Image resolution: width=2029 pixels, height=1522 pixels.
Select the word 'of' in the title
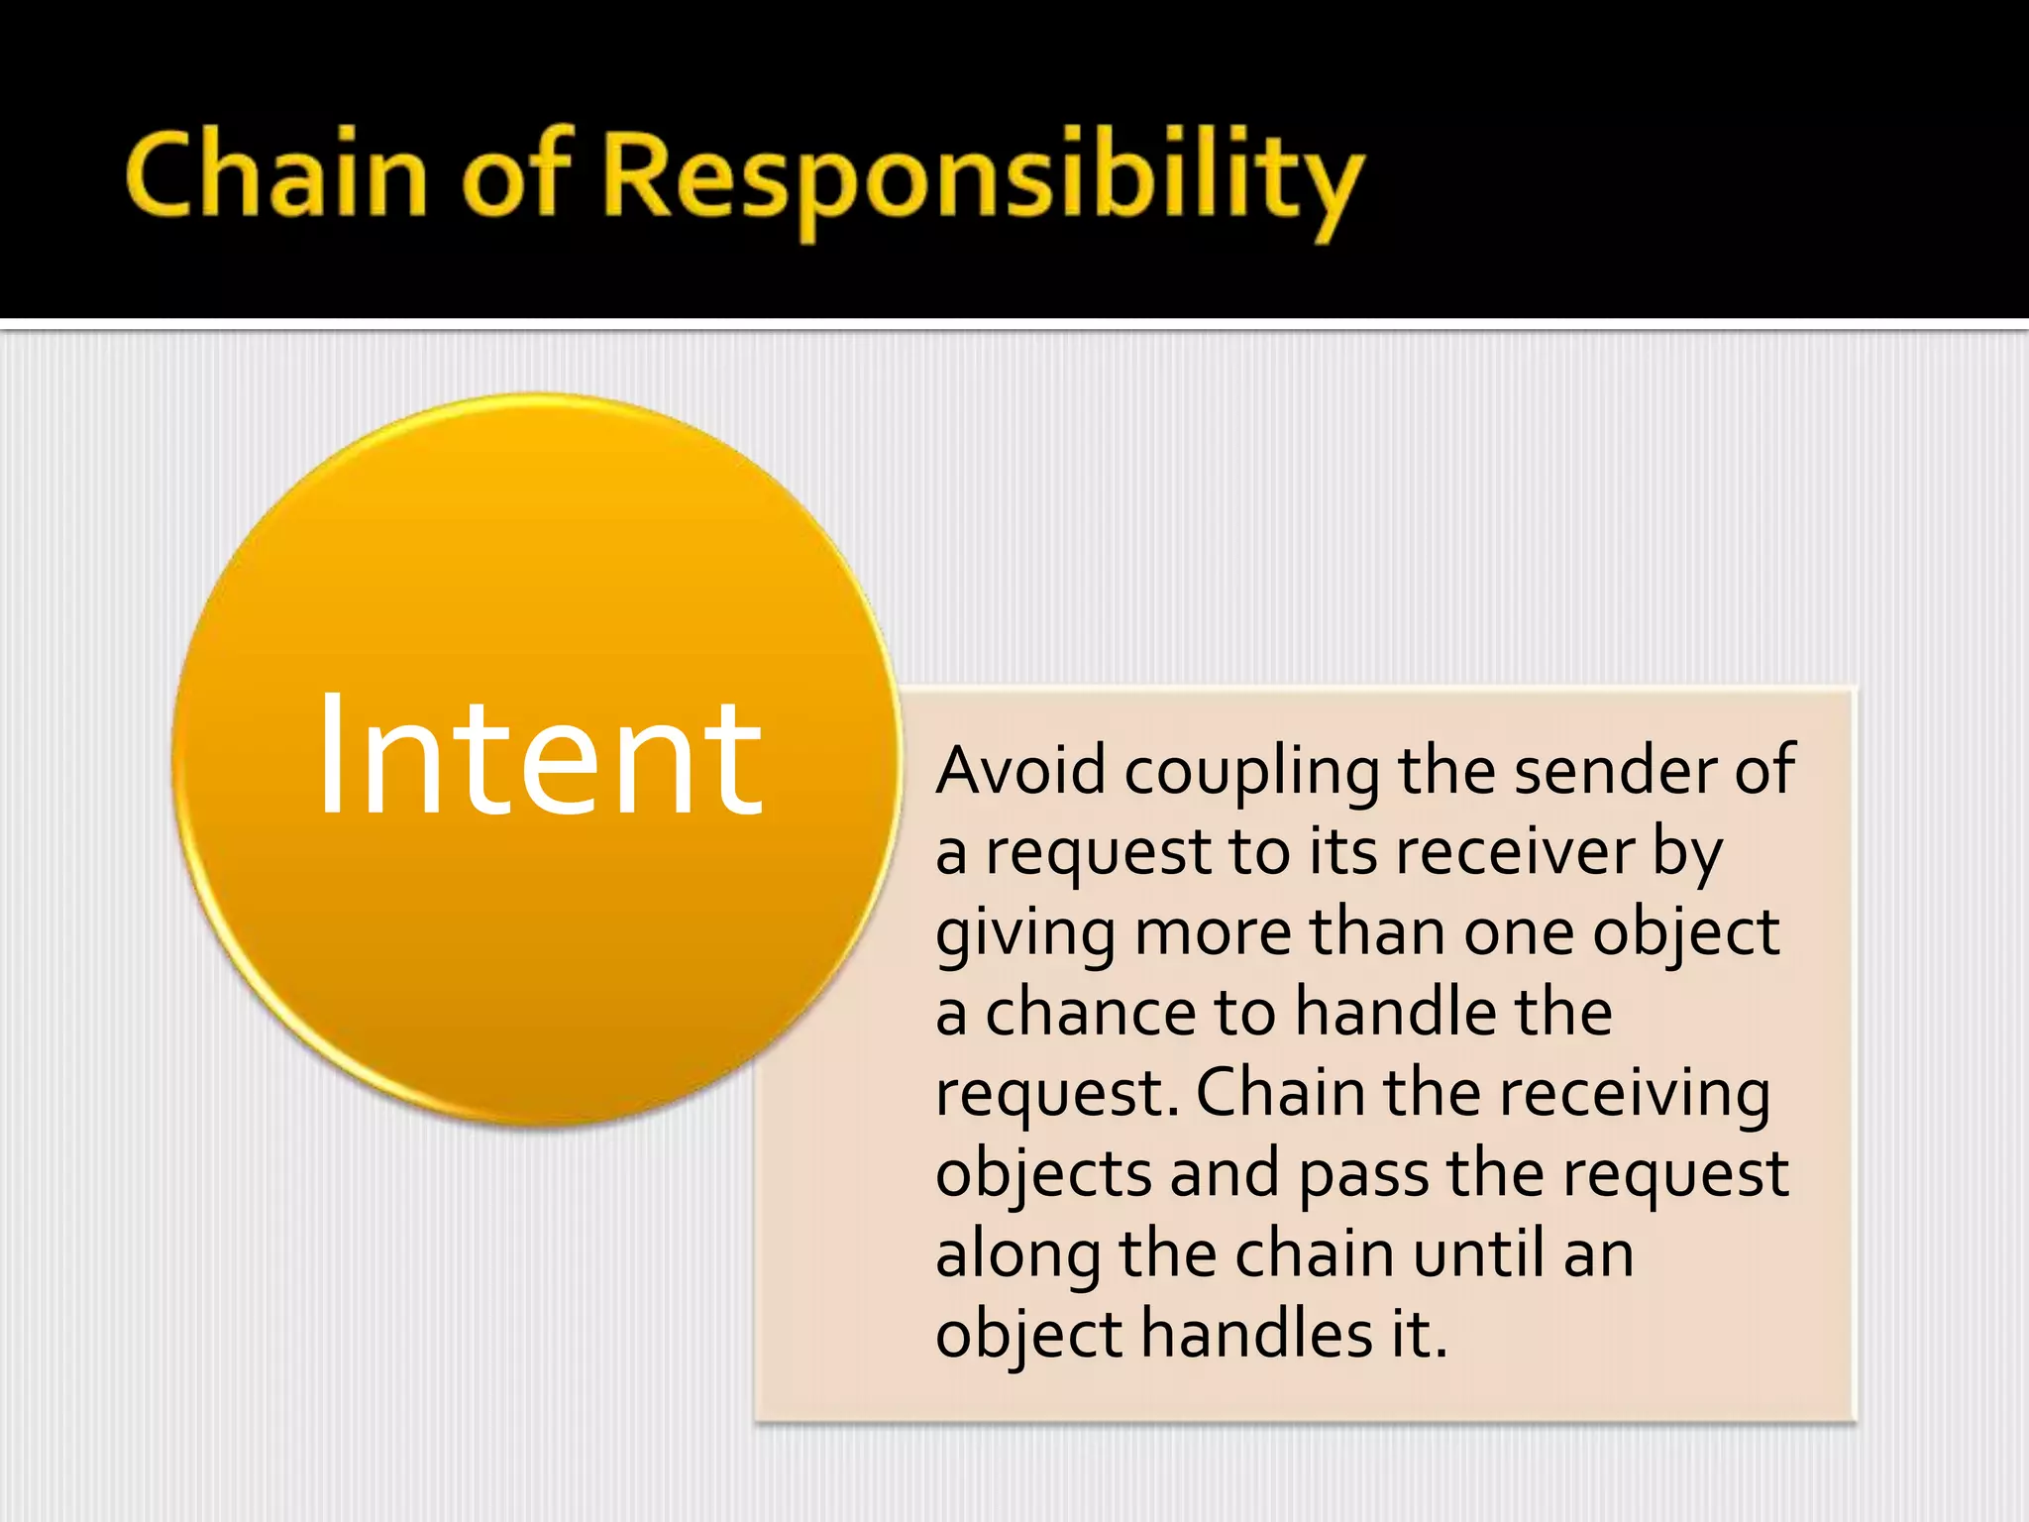516,176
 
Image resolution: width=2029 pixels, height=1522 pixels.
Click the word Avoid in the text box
1020,770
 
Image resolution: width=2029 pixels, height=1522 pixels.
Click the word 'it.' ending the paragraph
1419,1334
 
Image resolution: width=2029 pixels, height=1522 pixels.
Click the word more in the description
1213,932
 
